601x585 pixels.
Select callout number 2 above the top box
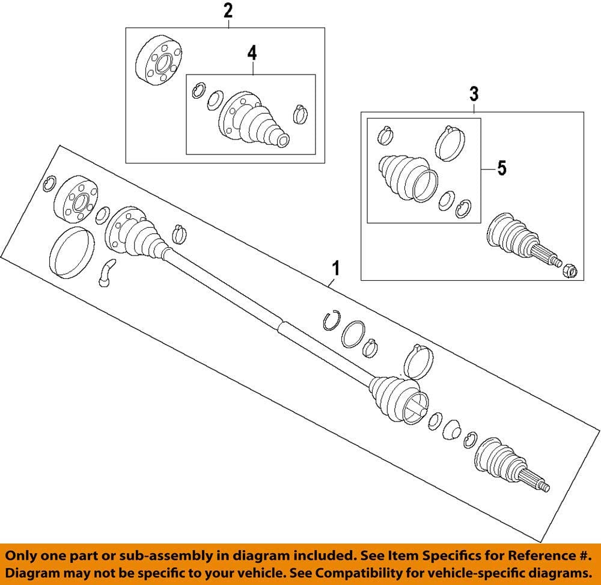(x=228, y=11)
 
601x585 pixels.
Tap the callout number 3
(x=474, y=94)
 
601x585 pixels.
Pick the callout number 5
(x=501, y=168)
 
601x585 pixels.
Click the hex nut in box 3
(x=569, y=272)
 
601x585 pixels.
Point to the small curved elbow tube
(x=106, y=272)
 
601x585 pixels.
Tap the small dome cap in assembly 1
(x=452, y=430)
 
